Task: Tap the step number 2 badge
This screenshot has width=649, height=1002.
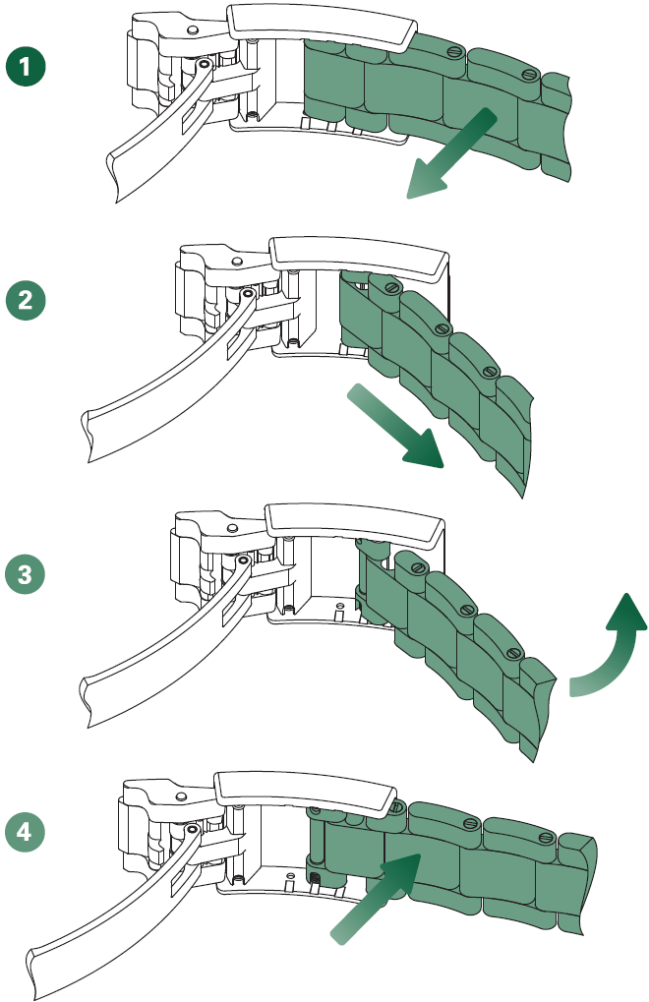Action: click(28, 300)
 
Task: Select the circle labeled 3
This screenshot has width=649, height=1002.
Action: click(28, 572)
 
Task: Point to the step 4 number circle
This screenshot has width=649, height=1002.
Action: click(28, 833)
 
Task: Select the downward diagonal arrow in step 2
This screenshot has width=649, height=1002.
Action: click(393, 425)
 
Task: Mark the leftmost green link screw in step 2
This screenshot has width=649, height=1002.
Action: click(391, 288)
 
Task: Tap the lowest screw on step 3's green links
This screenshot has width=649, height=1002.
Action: click(512, 652)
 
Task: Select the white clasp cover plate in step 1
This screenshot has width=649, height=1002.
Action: click(322, 26)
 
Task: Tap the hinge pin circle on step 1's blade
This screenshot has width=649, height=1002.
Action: click(204, 65)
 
